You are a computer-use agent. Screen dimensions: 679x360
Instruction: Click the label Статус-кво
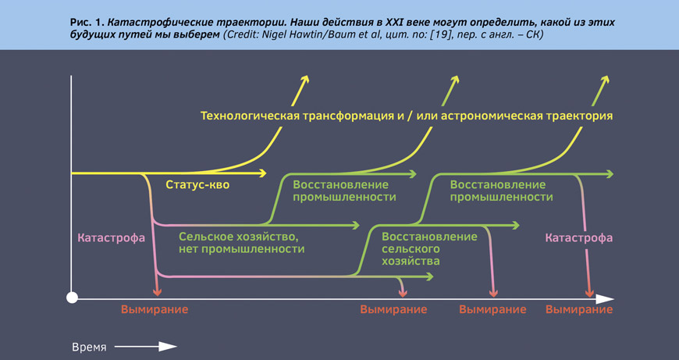click(197, 185)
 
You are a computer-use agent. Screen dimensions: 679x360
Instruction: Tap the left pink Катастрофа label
click(112, 238)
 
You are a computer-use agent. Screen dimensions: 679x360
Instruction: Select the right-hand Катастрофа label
click(579, 238)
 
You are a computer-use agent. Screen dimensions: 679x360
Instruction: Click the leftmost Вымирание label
click(155, 310)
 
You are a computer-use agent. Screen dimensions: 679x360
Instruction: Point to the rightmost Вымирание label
click(579, 310)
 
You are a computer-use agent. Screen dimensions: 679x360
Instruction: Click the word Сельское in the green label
click(206, 237)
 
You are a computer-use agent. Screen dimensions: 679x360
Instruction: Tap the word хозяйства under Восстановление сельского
click(411, 262)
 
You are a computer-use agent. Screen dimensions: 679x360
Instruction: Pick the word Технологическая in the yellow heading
click(250, 116)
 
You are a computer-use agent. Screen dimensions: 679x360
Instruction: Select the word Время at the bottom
click(89, 348)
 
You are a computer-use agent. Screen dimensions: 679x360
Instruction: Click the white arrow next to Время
click(146, 347)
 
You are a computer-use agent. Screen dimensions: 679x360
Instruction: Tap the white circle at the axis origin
click(72, 298)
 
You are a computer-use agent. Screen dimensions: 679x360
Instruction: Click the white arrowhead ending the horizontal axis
click(605, 298)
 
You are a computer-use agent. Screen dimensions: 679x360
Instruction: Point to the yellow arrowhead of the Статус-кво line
click(262, 173)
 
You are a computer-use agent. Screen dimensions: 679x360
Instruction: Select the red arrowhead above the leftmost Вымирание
click(158, 291)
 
